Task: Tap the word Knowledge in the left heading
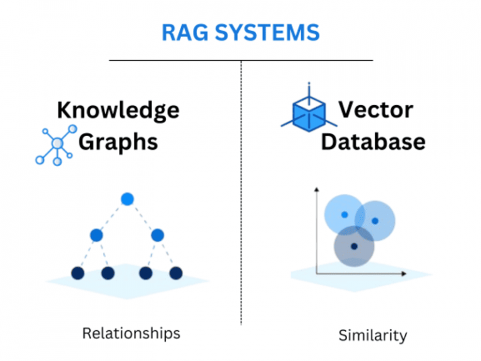click(x=118, y=110)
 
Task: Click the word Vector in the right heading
click(x=375, y=110)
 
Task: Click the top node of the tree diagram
click(x=127, y=199)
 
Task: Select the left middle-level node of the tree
click(x=96, y=235)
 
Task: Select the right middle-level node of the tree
click(x=157, y=235)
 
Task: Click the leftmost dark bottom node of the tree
click(x=78, y=273)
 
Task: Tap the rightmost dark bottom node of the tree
click(x=176, y=273)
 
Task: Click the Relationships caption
click(x=131, y=333)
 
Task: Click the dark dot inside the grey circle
click(x=354, y=246)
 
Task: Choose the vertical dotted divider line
click(x=241, y=188)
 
